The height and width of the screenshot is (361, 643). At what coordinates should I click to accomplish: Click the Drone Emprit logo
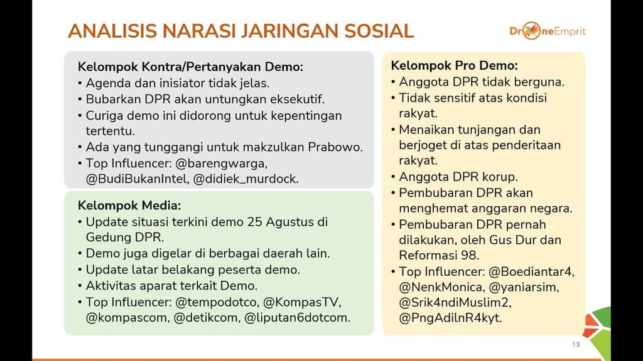click(x=547, y=31)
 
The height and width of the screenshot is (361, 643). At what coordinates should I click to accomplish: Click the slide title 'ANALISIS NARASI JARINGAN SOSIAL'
click(x=240, y=31)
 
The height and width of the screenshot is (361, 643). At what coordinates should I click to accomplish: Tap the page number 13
click(x=576, y=345)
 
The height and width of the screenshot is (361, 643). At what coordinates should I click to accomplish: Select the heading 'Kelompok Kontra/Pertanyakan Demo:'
click(x=190, y=67)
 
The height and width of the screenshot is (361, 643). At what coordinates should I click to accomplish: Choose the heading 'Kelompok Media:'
click(x=129, y=206)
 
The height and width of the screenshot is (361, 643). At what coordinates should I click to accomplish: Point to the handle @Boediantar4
click(x=532, y=271)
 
